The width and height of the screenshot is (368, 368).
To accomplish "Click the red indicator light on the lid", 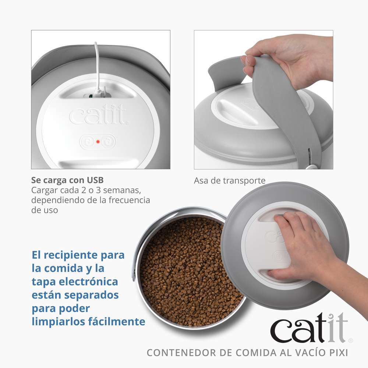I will point(98,141).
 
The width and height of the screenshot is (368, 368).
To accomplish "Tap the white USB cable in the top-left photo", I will point(96,66).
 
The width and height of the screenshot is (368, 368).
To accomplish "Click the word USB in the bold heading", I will point(95,180).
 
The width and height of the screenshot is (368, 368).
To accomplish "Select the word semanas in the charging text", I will point(123,190).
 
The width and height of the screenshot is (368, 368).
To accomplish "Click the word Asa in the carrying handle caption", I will point(201,181).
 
